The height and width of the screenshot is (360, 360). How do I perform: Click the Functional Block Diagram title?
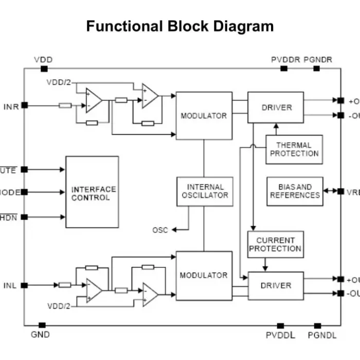pos(179,26)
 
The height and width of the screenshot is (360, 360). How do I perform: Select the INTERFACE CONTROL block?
pos(92,192)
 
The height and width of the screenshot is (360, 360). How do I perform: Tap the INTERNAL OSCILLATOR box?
pos(205,191)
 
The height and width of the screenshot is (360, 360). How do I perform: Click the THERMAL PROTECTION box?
pos(294,150)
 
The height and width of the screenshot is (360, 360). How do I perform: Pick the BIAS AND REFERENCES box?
pos(295,191)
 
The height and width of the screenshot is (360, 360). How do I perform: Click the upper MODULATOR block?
pos(204,116)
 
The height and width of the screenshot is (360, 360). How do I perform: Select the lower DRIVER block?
pos(276,285)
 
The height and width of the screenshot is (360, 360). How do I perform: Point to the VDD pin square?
pos(44,68)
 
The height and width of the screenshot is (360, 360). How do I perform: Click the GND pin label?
pos(41,335)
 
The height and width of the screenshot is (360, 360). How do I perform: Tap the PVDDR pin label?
pos(285,60)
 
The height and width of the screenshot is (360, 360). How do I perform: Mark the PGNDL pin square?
pos(318,326)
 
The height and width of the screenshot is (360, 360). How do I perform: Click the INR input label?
pos(11,107)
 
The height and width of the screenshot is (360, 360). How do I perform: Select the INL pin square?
pos(24,285)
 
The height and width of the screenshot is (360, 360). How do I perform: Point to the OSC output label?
pos(160,230)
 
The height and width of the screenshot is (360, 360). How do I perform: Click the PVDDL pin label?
pos(281,335)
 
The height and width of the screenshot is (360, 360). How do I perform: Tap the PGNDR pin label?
pos(318,60)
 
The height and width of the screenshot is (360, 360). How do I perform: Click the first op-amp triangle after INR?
pos(93,100)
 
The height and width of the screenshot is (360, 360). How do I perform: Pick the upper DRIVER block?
pos(276,107)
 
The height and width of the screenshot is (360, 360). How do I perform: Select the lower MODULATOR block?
pos(204,275)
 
